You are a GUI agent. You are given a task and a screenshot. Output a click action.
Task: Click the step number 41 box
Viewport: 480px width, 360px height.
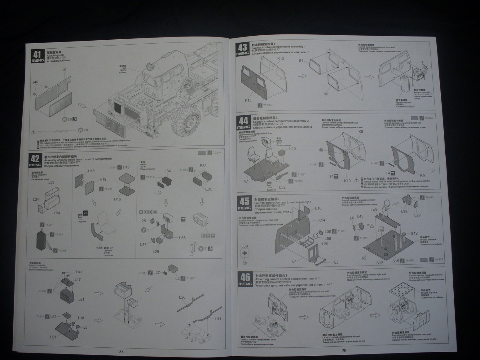pyautogui.click(x=37, y=56)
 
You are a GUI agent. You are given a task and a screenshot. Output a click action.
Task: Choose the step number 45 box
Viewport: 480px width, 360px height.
pyautogui.click(x=244, y=204)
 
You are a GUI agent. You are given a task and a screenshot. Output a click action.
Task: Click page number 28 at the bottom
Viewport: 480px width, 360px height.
pyautogui.click(x=121, y=351)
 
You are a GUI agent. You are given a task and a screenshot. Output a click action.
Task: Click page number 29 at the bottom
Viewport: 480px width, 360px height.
pyautogui.click(x=344, y=350)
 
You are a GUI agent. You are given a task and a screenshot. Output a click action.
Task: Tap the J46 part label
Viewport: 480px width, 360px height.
pyautogui.click(x=35, y=82)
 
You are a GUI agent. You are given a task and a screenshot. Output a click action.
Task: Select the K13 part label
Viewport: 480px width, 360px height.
pyautogui.click(x=280, y=59)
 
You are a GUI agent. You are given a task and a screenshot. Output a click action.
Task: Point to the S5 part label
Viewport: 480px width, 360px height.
pyautogui.click(x=326, y=94)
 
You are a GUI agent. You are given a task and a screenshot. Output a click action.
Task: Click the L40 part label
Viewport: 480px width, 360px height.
pyautogui.click(x=292, y=149)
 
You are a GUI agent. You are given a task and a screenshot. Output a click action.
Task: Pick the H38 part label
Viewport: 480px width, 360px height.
pyautogui.click(x=99, y=248)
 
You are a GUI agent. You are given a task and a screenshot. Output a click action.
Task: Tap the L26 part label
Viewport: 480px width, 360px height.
pyautogui.click(x=182, y=297)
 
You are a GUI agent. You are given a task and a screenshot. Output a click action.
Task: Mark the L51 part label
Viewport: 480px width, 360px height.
pyautogui.click(x=53, y=337)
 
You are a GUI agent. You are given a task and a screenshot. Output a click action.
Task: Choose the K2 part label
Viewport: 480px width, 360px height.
pyautogui.click(x=364, y=258)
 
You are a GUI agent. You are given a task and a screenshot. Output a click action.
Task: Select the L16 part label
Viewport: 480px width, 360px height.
pyautogui.click(x=318, y=208)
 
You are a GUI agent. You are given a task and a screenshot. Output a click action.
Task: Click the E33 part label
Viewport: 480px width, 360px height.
pyautogui.click(x=203, y=166)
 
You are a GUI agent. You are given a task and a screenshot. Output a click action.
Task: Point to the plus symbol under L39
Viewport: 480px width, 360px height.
pyautogui.click(x=244, y=253)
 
